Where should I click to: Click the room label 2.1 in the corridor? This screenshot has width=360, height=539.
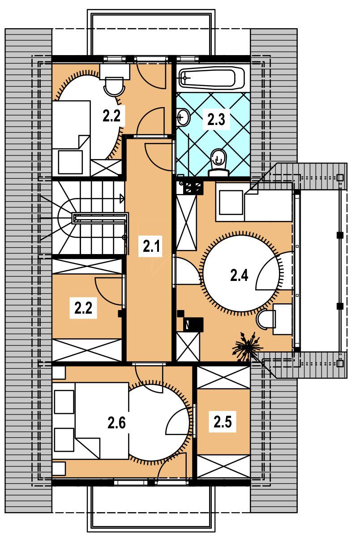pos(151,246)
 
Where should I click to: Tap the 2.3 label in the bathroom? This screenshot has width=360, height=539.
pos(216,120)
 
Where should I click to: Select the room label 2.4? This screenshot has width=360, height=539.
pos(239,275)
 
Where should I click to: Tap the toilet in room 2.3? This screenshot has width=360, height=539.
pos(218,163)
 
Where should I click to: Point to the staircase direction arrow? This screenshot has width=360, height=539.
pos(122,199)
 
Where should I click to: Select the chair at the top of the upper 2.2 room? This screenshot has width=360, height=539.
pos(114,86)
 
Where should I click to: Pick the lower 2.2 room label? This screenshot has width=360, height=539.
pos(83,308)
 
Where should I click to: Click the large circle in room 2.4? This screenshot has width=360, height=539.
pos(242,272)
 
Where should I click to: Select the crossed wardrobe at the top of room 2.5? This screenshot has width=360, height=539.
pos(223,377)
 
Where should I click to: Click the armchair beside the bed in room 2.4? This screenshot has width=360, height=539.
pos(231,203)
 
